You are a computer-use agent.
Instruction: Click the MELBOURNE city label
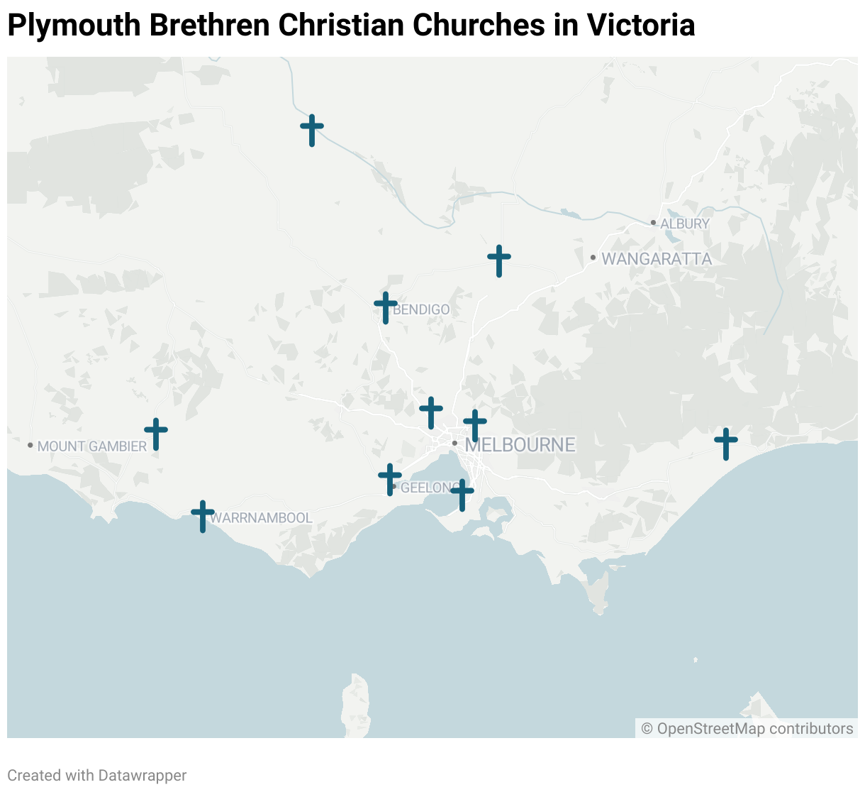coord(520,445)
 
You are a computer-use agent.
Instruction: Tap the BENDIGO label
coord(421,309)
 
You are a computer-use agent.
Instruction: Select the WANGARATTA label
coord(657,259)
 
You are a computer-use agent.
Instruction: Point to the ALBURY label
coord(685,224)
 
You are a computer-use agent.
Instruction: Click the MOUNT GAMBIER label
coord(92,446)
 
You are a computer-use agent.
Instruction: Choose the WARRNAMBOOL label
coord(261,518)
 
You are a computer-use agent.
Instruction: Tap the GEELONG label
coord(428,488)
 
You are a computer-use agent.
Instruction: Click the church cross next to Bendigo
coord(386,307)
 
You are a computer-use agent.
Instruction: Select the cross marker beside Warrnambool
coord(203,516)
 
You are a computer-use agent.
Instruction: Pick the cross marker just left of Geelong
coord(390,479)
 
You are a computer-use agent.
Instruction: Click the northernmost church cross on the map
coord(312,130)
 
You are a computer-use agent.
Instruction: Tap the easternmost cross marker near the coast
coord(726,444)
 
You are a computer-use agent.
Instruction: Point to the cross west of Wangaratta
coord(499,260)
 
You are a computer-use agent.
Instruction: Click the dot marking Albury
coord(653,223)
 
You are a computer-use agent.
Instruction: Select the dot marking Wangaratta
coord(593,257)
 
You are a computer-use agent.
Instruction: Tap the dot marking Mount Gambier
coord(30,445)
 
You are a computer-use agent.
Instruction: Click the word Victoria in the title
coord(640,26)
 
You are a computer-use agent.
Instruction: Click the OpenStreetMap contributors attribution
coord(747,729)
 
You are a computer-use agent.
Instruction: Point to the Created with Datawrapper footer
coord(97,776)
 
